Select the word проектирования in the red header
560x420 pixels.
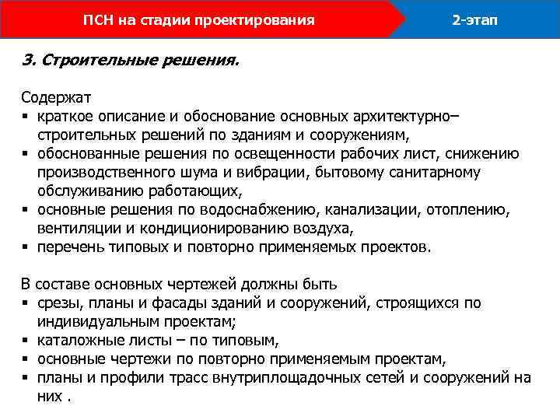point(263,19)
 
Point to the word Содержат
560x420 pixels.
point(57,99)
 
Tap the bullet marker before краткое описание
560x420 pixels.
point(26,117)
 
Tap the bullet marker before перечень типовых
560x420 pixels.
point(26,248)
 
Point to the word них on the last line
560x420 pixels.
point(49,396)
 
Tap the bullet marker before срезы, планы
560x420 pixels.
point(26,303)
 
